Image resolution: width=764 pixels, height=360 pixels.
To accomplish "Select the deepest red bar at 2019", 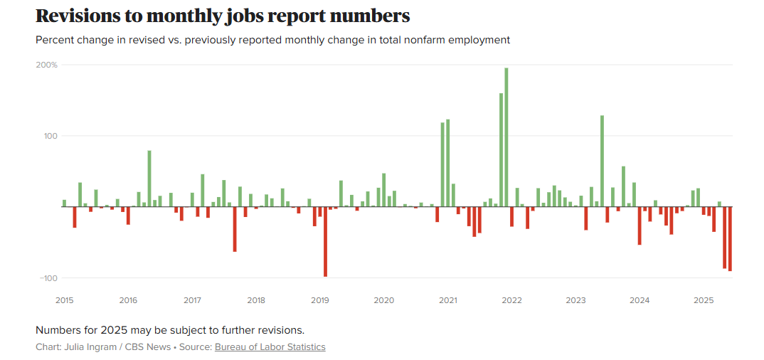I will point(325,241).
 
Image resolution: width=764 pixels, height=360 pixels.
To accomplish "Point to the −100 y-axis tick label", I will point(48,277).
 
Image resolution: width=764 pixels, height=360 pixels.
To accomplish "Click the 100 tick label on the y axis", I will point(51,136).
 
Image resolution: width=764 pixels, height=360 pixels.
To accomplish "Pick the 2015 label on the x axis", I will point(64,300).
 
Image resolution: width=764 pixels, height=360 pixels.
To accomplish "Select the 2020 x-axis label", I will point(384,300).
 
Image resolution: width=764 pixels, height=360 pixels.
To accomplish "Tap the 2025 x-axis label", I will point(704,300).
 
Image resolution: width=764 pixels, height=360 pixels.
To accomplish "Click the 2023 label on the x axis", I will point(575,300).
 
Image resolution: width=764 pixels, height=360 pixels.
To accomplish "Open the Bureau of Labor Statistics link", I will point(270,347).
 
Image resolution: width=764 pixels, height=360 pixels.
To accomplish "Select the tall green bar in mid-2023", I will point(602,161).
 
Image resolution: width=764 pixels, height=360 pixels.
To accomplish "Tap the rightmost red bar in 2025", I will point(730,238).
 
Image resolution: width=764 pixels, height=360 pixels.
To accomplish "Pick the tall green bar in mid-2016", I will point(149,179).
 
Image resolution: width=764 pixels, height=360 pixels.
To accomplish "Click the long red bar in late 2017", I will point(235,229).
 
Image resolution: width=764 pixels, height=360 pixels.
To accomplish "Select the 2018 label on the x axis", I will point(256,300).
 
